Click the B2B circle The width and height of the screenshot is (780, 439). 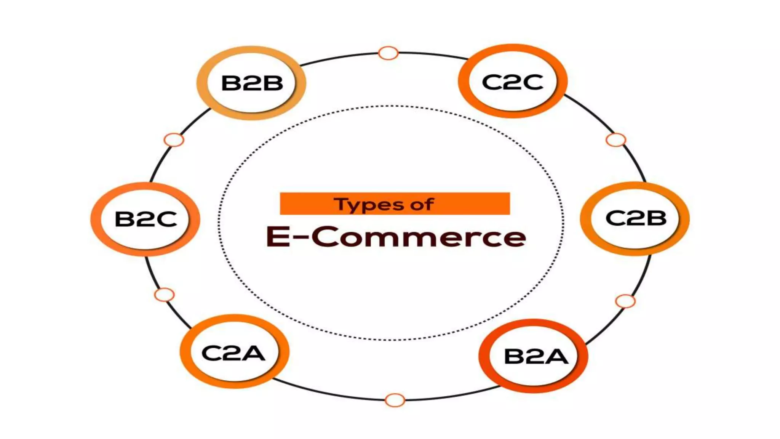pos(251,83)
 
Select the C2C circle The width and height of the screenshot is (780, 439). pos(513,82)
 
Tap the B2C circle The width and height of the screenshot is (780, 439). pos(145,219)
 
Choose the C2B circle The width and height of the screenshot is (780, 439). pos(635,218)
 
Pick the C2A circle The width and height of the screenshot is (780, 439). pos(234,352)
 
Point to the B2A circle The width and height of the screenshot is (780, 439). pos(534,356)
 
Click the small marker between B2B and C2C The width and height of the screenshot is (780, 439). pos(388,53)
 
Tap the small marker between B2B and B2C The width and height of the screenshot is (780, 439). pos(174,140)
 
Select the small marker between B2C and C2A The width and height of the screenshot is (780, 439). pos(164,295)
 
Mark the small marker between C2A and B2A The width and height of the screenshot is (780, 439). pos(395,400)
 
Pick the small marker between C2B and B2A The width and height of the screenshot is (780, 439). pos(625,301)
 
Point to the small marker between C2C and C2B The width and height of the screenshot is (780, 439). pos(615,140)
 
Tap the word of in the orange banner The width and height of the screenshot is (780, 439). pos(422,204)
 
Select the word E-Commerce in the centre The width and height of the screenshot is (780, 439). pos(396,237)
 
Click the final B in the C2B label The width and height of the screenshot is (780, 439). pos(656,218)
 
